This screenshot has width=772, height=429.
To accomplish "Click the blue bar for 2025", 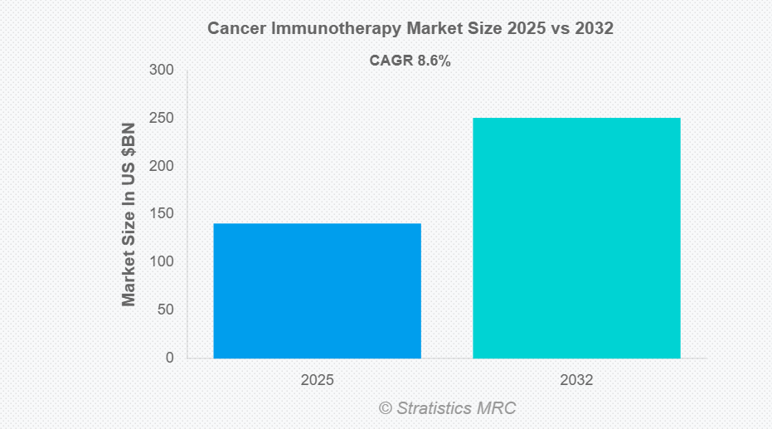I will (317, 290).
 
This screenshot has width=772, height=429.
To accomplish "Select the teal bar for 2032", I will (576, 238).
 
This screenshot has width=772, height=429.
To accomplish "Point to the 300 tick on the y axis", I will (162, 71).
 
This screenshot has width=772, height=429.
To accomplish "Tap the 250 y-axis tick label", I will (162, 119).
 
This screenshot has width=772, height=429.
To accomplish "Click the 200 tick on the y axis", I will (162, 167).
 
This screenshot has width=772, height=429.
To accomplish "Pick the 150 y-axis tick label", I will (162, 214).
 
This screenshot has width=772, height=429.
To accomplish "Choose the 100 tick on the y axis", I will (162, 262).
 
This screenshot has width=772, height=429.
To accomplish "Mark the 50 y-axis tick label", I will (165, 310).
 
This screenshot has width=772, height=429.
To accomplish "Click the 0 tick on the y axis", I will (169, 358).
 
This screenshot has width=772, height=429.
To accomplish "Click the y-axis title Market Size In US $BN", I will (129, 214).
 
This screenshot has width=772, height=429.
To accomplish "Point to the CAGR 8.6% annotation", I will (410, 61).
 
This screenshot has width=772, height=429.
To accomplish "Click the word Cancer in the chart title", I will (232, 29).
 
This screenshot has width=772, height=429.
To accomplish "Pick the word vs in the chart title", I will (559, 29).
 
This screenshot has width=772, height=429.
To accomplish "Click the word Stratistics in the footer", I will (434, 408).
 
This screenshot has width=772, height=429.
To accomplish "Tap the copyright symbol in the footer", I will (385, 408).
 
